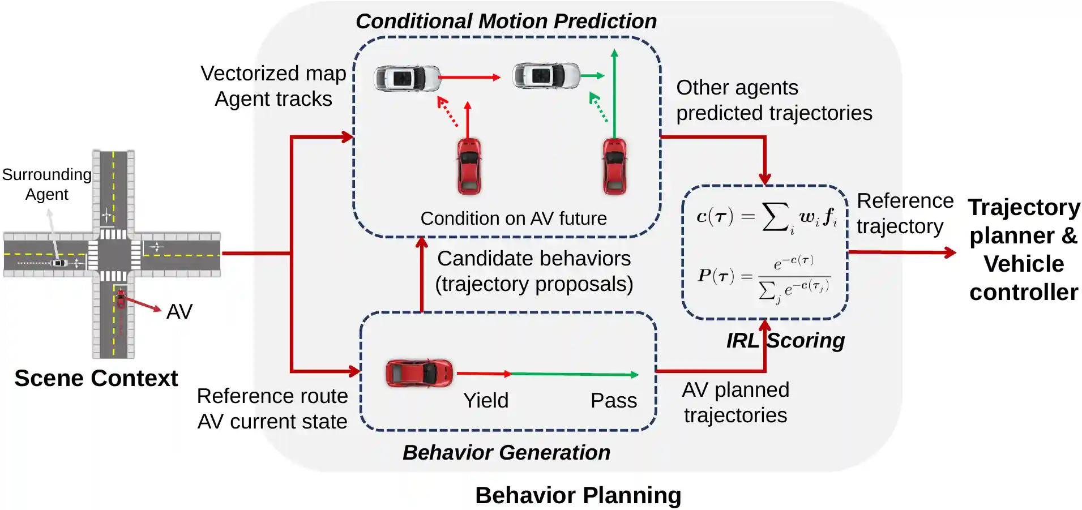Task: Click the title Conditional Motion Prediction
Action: click(x=506, y=22)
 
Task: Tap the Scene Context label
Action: click(x=96, y=378)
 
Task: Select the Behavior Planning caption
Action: click(x=578, y=495)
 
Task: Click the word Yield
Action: click(x=486, y=401)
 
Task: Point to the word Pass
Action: click(x=614, y=401)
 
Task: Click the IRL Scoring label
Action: click(x=785, y=341)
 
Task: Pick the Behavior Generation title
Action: click(x=506, y=453)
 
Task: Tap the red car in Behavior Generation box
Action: click(x=419, y=373)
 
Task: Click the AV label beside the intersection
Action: click(x=179, y=312)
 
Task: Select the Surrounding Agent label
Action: click(x=46, y=185)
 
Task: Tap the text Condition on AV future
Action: click(x=514, y=218)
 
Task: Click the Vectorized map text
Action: click(x=273, y=74)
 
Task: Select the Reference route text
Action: click(x=272, y=396)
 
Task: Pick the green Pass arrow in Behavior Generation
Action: click(x=575, y=374)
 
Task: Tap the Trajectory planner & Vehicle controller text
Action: click(x=1024, y=250)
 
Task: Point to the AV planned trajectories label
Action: click(x=735, y=402)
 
